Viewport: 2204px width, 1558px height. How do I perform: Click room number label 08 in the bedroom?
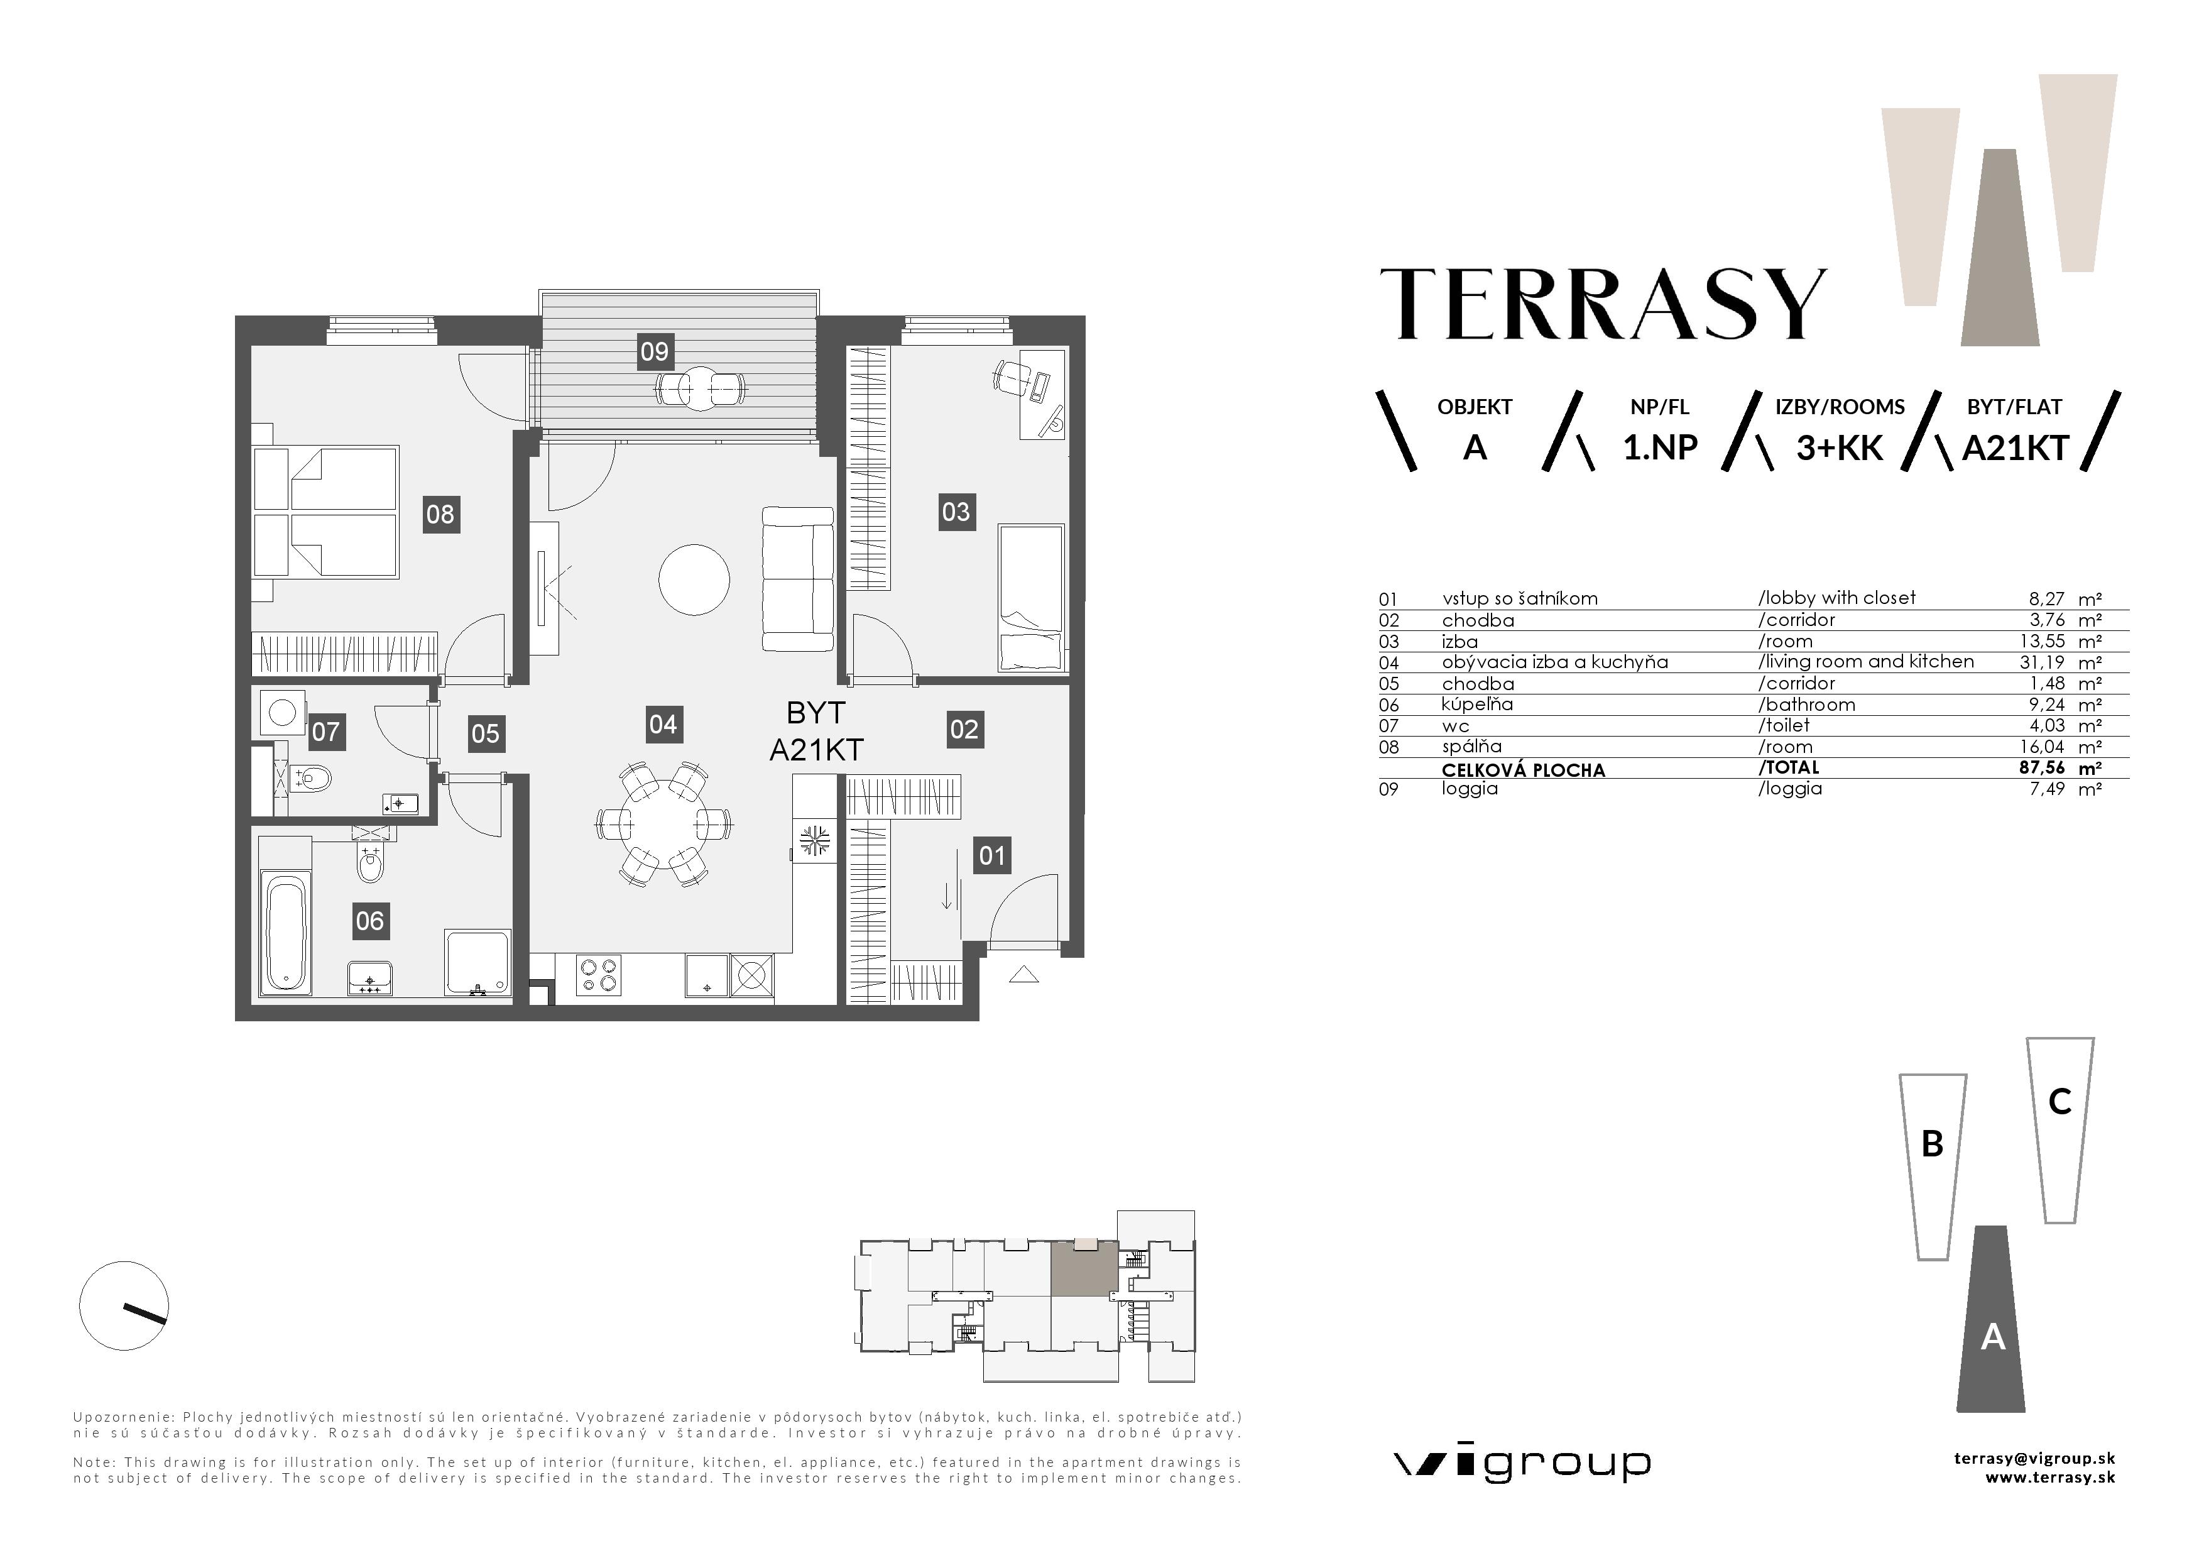coord(440,515)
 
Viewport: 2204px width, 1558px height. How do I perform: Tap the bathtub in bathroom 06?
coord(286,931)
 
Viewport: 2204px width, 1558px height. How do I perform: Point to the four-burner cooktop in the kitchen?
coord(598,975)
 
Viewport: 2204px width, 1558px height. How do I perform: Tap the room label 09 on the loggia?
coord(655,351)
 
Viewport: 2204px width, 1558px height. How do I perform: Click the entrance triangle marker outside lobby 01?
coord(1024,974)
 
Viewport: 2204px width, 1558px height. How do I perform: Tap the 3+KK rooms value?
coord(1839,448)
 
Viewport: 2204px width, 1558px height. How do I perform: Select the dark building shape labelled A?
coord(1992,1325)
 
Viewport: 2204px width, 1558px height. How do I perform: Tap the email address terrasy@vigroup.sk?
coord(2034,1458)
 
